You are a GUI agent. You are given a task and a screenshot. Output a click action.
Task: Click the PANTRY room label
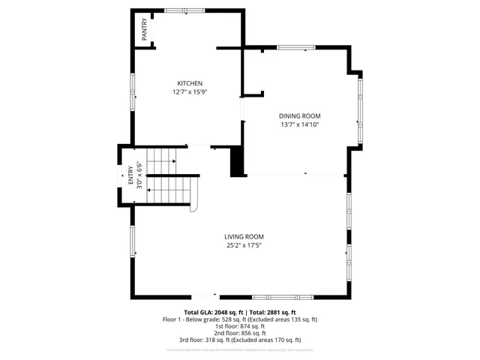coord(143,31)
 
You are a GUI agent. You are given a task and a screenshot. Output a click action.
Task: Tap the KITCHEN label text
coord(189,83)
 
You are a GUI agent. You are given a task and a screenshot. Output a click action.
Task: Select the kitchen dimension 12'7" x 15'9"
coord(189,91)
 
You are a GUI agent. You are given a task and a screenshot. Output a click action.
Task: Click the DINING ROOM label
coord(300,116)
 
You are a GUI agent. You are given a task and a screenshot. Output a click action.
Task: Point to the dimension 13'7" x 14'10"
coord(300,124)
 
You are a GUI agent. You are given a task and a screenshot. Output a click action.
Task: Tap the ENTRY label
coord(131,175)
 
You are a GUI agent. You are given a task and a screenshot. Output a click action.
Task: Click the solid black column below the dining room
coord(238,162)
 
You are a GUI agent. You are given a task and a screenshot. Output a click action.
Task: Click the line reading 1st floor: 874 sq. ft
coord(240,326)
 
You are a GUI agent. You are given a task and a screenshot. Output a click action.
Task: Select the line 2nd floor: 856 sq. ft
coord(240,333)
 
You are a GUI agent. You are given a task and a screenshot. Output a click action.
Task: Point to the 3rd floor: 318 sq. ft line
coord(240,340)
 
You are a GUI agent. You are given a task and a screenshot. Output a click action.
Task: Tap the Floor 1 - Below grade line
coord(240,319)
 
